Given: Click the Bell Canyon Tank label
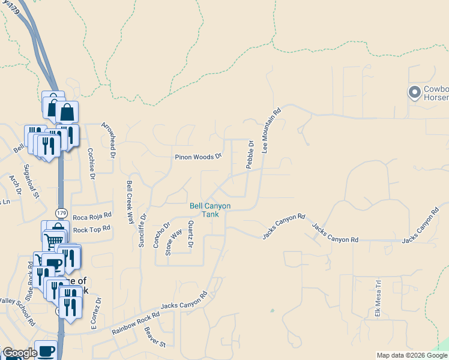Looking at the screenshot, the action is coord(210,210).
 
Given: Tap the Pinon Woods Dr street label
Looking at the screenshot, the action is coord(198,157).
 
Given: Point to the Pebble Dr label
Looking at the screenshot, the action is coord(250,154).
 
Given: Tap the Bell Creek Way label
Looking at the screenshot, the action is coord(130,202).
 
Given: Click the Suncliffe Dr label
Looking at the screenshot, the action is coord(142,230).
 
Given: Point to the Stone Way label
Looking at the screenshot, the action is coord(173,242).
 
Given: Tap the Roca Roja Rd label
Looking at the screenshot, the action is coord(92,216).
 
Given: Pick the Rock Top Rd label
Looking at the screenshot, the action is coord(92,229).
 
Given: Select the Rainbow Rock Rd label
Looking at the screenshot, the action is coord(136,323).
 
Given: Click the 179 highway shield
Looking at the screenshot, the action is coord(61,213).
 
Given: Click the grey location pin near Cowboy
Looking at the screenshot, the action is coord(414,92).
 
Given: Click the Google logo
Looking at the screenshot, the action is coord(19,353).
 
